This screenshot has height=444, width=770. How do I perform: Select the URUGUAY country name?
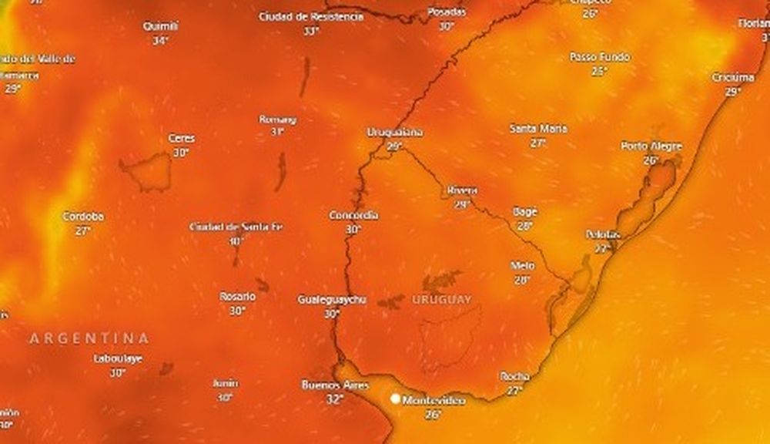[441, 299]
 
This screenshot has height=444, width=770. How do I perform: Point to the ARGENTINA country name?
[89, 338]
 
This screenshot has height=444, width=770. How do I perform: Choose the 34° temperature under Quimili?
[160, 41]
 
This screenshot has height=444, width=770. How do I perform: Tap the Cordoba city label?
[83, 217]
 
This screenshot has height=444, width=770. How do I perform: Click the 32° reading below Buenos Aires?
[334, 399]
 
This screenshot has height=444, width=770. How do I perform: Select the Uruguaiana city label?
[394, 132]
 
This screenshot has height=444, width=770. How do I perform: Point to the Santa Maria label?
[538, 128]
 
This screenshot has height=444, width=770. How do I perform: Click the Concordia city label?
[353, 215]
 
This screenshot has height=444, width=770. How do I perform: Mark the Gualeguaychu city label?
[332, 299]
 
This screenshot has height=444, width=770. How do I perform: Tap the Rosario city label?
[237, 296]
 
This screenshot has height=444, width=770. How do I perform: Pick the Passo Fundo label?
[599, 57]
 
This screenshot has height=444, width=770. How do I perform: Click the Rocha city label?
[514, 376]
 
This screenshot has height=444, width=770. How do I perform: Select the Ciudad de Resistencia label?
[311, 16]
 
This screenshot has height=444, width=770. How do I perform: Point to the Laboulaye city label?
[118, 358]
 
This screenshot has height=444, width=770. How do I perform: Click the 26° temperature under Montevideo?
[434, 415]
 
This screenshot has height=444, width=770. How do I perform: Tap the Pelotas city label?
[603, 234]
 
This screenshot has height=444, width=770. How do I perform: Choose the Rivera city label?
[462, 190]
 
